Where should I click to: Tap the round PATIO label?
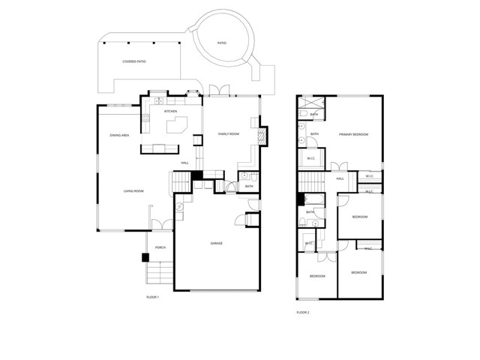click(x=221, y=43)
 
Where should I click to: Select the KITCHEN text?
click(x=170, y=111)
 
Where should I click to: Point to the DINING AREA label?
click(x=120, y=135)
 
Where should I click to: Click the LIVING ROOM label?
click(x=133, y=191)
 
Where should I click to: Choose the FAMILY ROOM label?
click(x=228, y=133)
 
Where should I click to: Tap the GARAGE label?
click(x=216, y=243)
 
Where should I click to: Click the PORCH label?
click(x=160, y=247)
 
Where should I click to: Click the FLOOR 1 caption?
click(x=153, y=298)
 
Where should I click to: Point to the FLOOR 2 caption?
click(x=303, y=312)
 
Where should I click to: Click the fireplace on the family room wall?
click(x=262, y=135)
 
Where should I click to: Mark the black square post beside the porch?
click(x=145, y=257)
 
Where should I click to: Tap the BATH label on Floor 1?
click(x=248, y=186)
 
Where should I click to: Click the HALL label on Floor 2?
click(x=340, y=178)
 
